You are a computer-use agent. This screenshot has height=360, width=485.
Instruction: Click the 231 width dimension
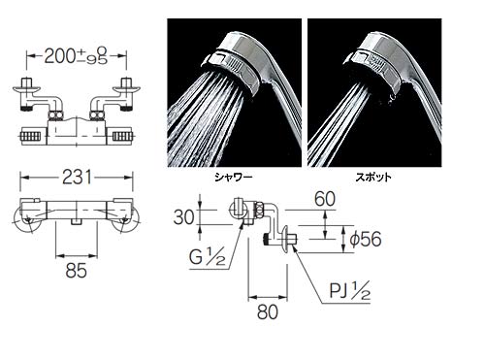(77, 178)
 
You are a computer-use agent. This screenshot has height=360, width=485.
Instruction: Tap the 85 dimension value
(77, 271)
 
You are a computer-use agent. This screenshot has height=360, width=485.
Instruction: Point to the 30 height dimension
(183, 217)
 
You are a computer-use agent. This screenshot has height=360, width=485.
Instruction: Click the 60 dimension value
(325, 199)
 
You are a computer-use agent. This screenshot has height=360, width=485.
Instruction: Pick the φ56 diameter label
(366, 240)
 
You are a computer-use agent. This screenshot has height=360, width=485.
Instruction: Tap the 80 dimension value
(268, 311)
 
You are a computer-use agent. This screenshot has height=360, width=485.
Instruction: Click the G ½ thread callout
(207, 258)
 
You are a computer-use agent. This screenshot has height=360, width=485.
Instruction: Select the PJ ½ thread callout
(350, 291)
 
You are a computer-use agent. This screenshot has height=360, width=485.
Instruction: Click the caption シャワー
(234, 177)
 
